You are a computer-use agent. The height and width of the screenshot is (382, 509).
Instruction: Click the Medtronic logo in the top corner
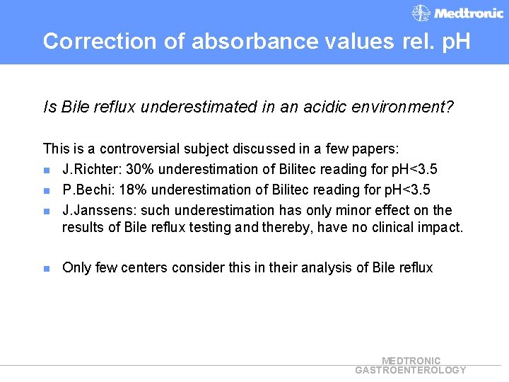457,13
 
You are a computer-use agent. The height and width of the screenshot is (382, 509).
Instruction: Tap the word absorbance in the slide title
231,41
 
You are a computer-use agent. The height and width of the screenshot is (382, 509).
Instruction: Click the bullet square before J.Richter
47,170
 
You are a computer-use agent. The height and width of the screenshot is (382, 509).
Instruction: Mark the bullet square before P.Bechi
47,191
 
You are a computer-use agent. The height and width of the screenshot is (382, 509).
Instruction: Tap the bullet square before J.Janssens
47,212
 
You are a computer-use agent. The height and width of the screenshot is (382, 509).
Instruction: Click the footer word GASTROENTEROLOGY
411,370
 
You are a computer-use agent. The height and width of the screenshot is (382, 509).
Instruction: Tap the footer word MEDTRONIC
411,361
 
